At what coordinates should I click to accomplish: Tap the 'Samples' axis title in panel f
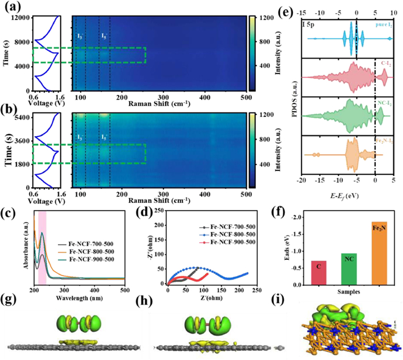coord(350,292)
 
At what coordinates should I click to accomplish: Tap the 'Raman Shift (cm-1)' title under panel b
coord(164,200)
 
